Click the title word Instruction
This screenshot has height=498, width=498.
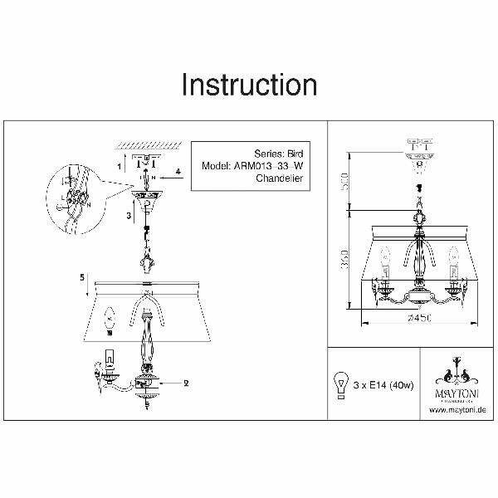(249, 85)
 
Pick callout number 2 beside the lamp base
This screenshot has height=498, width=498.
(187, 383)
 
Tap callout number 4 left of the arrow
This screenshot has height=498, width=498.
(177, 173)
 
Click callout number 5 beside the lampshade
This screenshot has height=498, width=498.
(82, 279)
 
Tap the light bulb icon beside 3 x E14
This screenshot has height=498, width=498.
(340, 383)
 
